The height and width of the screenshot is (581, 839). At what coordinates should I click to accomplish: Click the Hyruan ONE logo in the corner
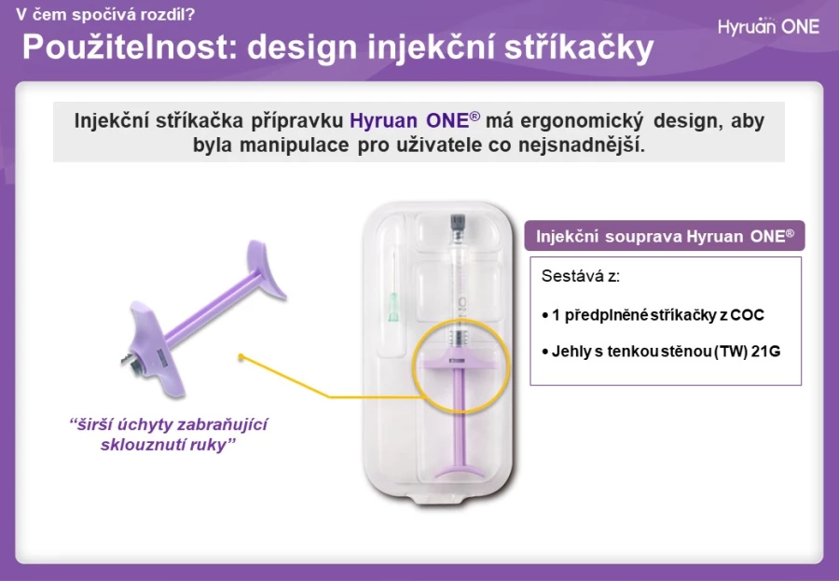click(768, 26)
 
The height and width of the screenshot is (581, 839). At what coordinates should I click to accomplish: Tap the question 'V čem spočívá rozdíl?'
click(105, 14)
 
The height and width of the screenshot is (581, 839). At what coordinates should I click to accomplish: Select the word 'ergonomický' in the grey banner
click(582, 120)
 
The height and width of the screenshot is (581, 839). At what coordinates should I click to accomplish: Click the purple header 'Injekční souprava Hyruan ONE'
click(665, 236)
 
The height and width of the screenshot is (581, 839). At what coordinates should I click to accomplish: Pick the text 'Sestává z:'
click(581, 276)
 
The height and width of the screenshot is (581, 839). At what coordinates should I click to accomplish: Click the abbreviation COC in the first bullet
click(747, 315)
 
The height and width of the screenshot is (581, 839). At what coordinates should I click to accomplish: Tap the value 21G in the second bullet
click(765, 352)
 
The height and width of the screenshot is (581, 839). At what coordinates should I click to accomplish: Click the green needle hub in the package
click(393, 308)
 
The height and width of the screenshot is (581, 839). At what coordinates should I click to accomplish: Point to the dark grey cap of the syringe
click(458, 221)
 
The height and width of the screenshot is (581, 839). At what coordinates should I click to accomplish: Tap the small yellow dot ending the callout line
click(241, 356)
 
